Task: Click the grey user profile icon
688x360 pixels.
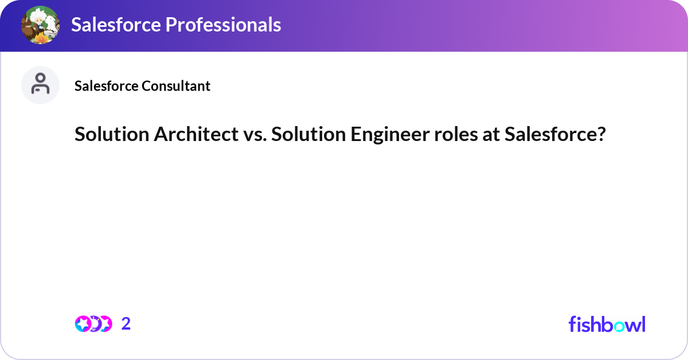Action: tap(40, 85)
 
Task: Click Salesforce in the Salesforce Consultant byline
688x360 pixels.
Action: tap(107, 86)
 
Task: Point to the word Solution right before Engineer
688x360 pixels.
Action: tap(307, 135)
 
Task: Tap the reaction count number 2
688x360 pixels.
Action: tap(126, 324)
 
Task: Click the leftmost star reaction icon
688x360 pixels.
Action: tap(83, 324)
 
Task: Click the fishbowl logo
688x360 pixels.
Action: tap(607, 324)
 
